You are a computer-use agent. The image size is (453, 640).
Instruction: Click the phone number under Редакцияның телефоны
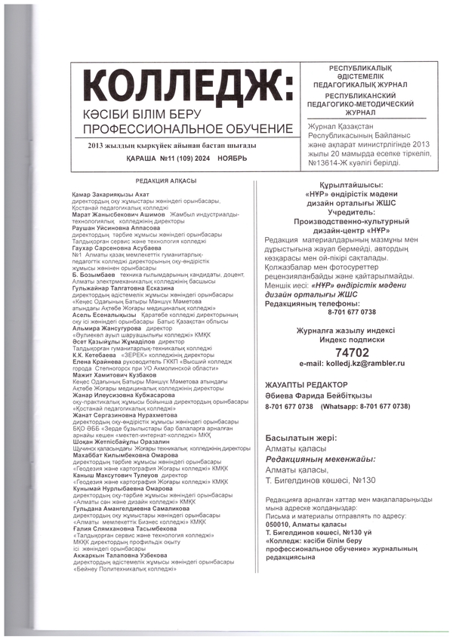tap(352, 312)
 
